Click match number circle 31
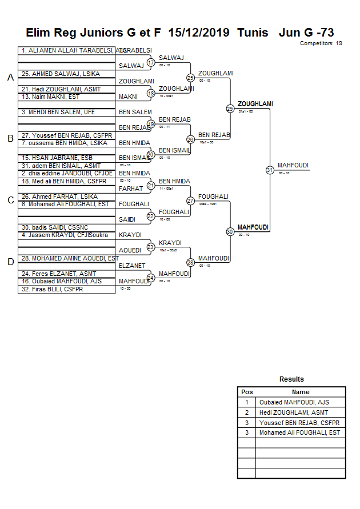pos(270,170)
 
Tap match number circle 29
pos(230,109)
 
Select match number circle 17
pos(151,62)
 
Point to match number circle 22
pos(151,216)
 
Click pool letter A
pos(10,78)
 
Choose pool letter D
pos(10,262)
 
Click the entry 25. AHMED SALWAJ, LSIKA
pos(53,74)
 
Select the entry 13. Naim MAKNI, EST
pos(50,97)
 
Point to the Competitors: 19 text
pos(321,43)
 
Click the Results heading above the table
pos(291,379)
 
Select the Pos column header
pos(247,392)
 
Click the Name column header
pos(301,392)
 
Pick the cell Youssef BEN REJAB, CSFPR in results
pos(299,423)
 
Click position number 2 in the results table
pos(247,412)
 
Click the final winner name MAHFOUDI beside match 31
pos(293,165)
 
